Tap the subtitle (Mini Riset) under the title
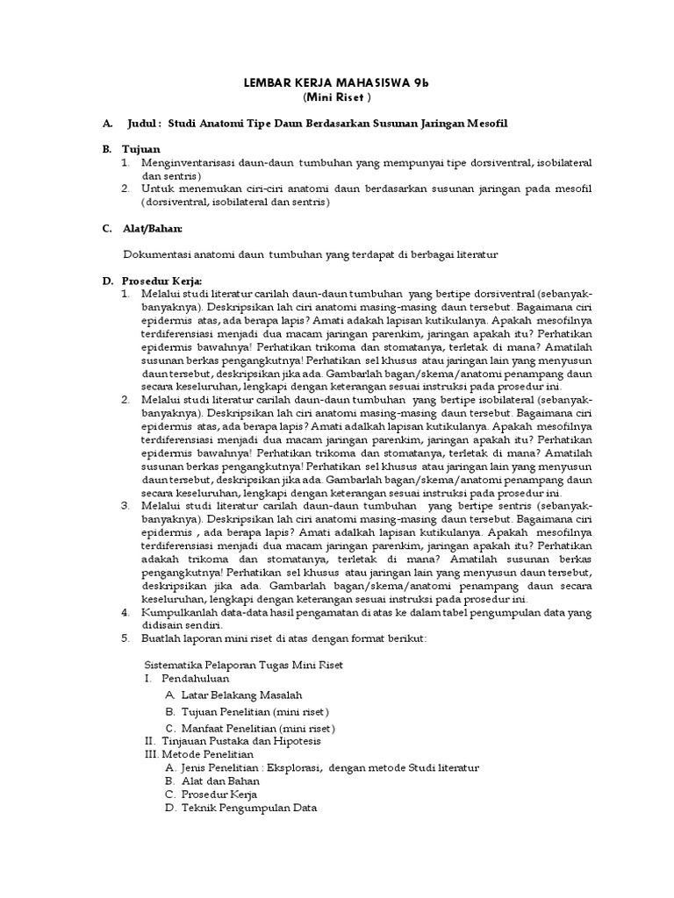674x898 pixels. pyautogui.click(x=336, y=96)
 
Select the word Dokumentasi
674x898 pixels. pyautogui.click(x=162, y=254)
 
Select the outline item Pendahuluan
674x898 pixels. pyautogui.click(x=195, y=678)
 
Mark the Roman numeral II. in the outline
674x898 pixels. pyautogui.click(x=150, y=741)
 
